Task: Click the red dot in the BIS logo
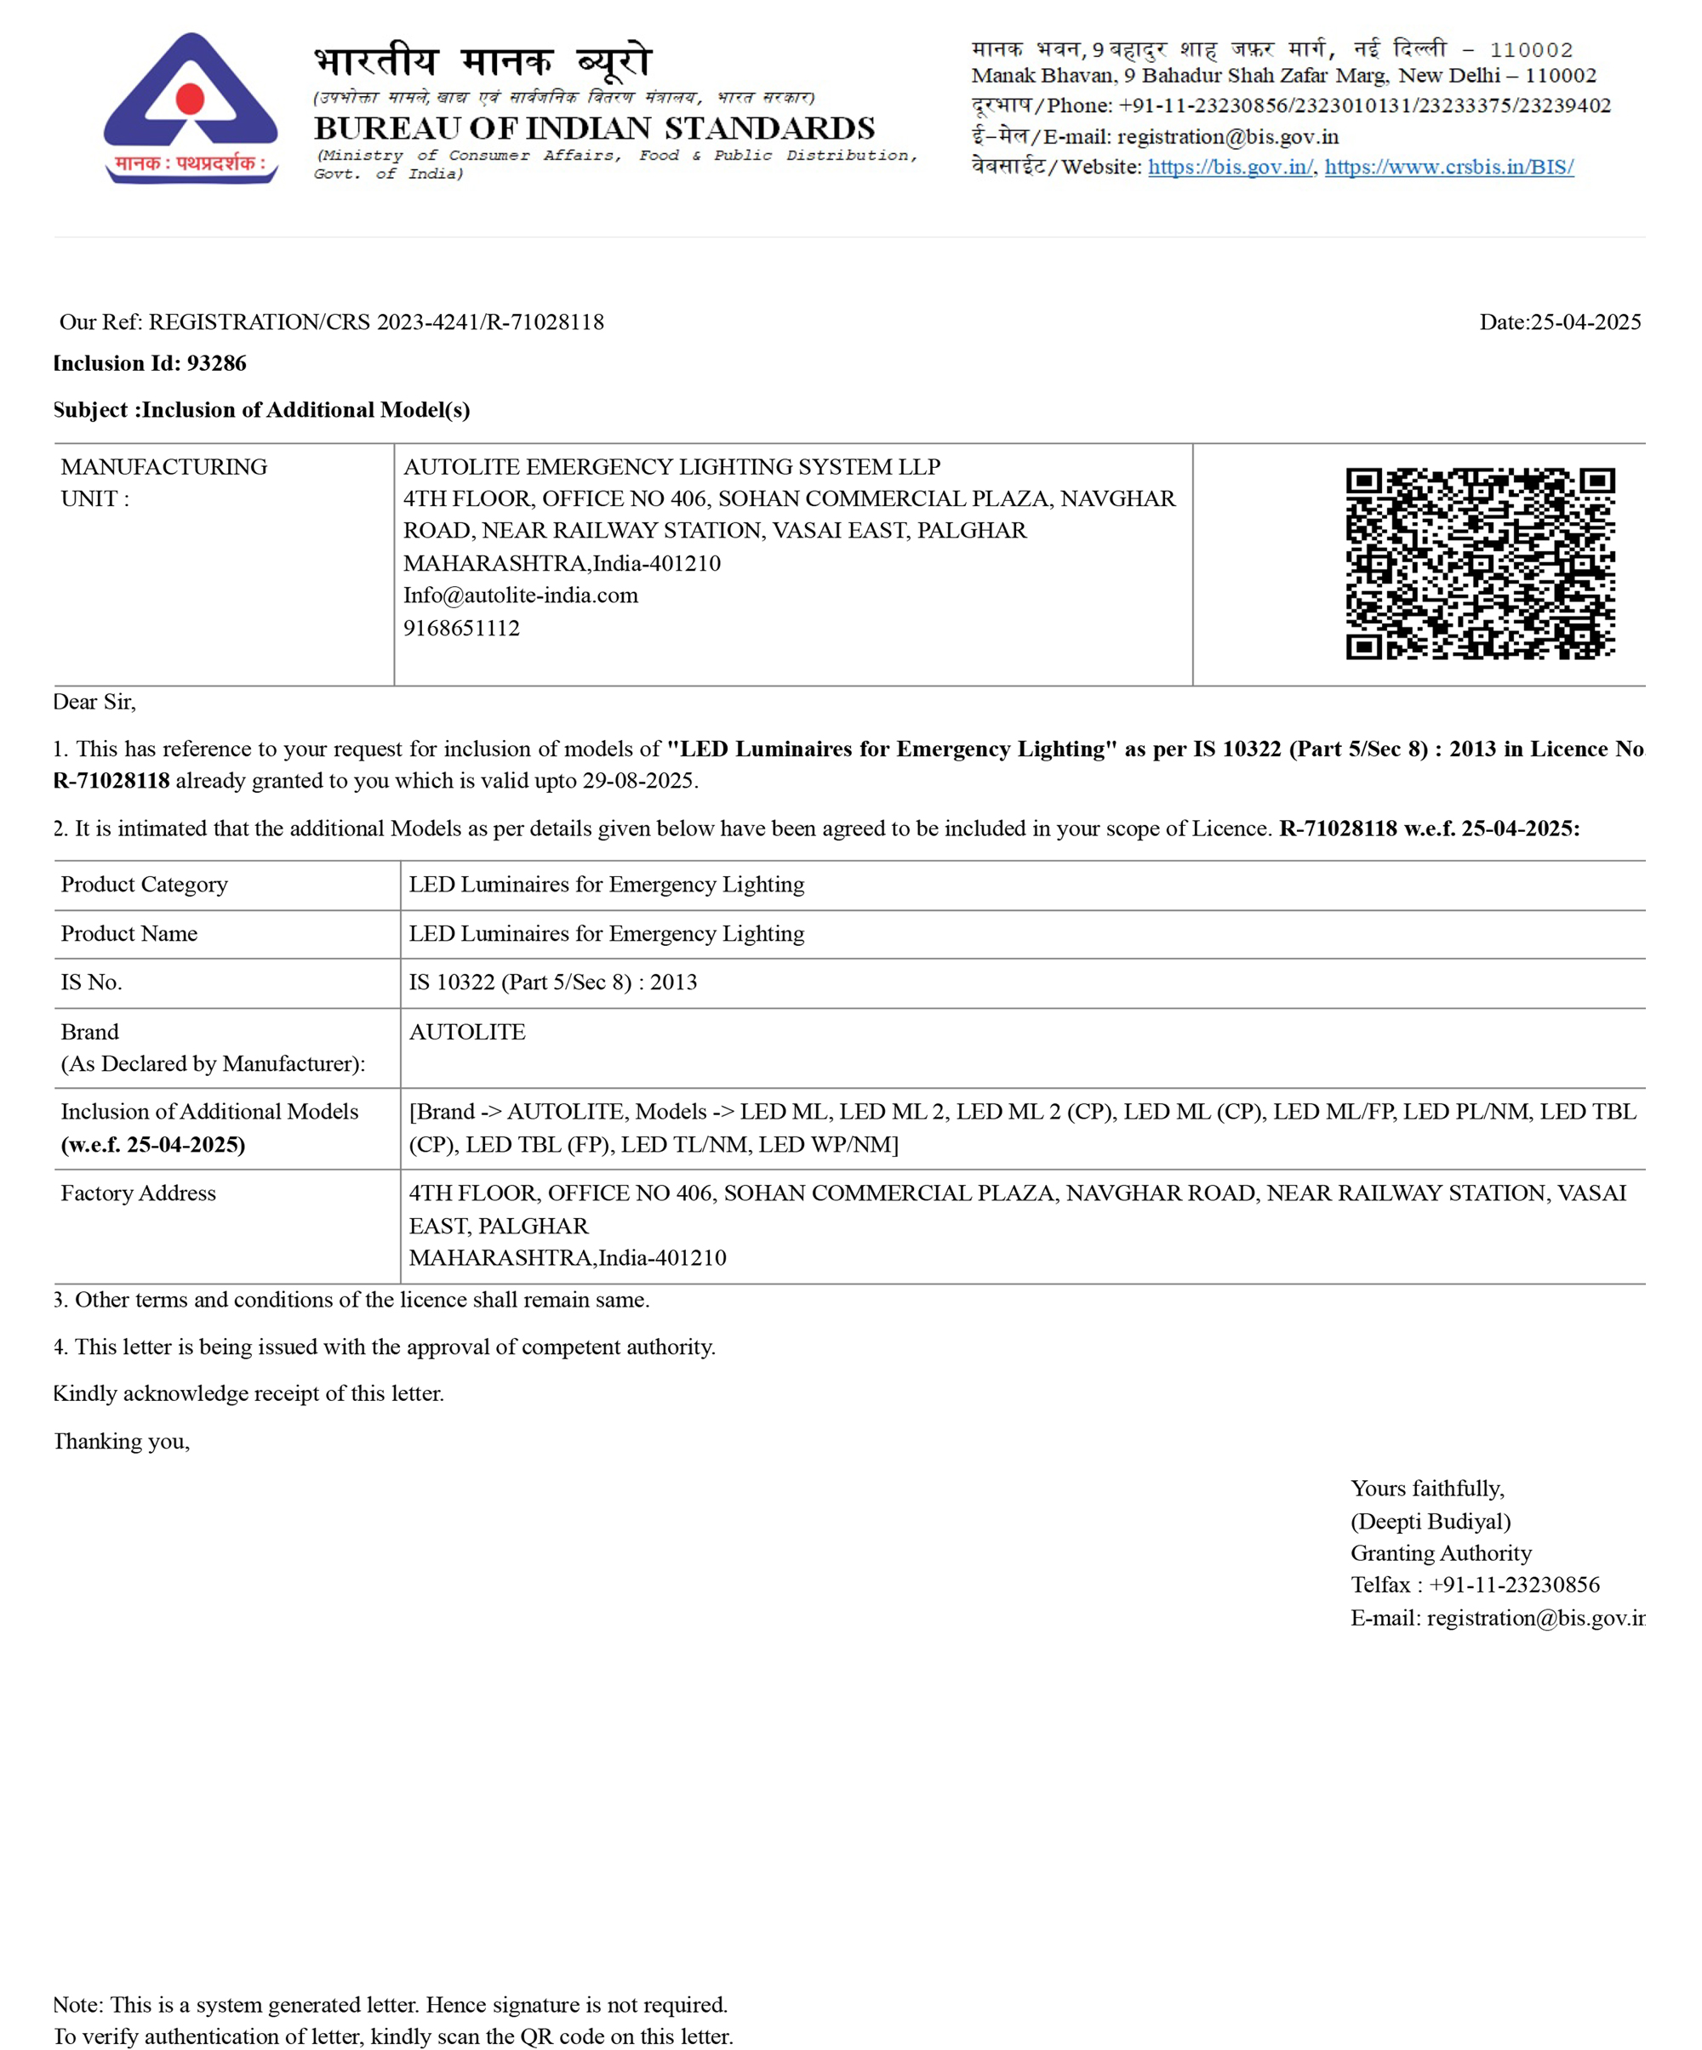click(190, 99)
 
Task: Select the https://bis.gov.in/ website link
click(1230, 167)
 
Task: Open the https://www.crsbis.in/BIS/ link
click(1448, 167)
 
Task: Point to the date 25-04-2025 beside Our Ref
click(1585, 322)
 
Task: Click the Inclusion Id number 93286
click(216, 363)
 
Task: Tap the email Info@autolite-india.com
click(521, 595)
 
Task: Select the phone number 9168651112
click(461, 628)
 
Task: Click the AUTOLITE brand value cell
click(466, 1032)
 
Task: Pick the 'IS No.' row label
click(91, 982)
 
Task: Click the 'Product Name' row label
click(129, 933)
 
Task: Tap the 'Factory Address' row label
click(138, 1193)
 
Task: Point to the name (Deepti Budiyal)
click(1430, 1521)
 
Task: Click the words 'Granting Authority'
click(1440, 1553)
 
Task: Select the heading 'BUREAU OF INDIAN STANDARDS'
click(594, 128)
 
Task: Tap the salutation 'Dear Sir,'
click(94, 702)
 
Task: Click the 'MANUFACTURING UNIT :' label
click(163, 482)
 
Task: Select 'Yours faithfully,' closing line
click(1426, 1489)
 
